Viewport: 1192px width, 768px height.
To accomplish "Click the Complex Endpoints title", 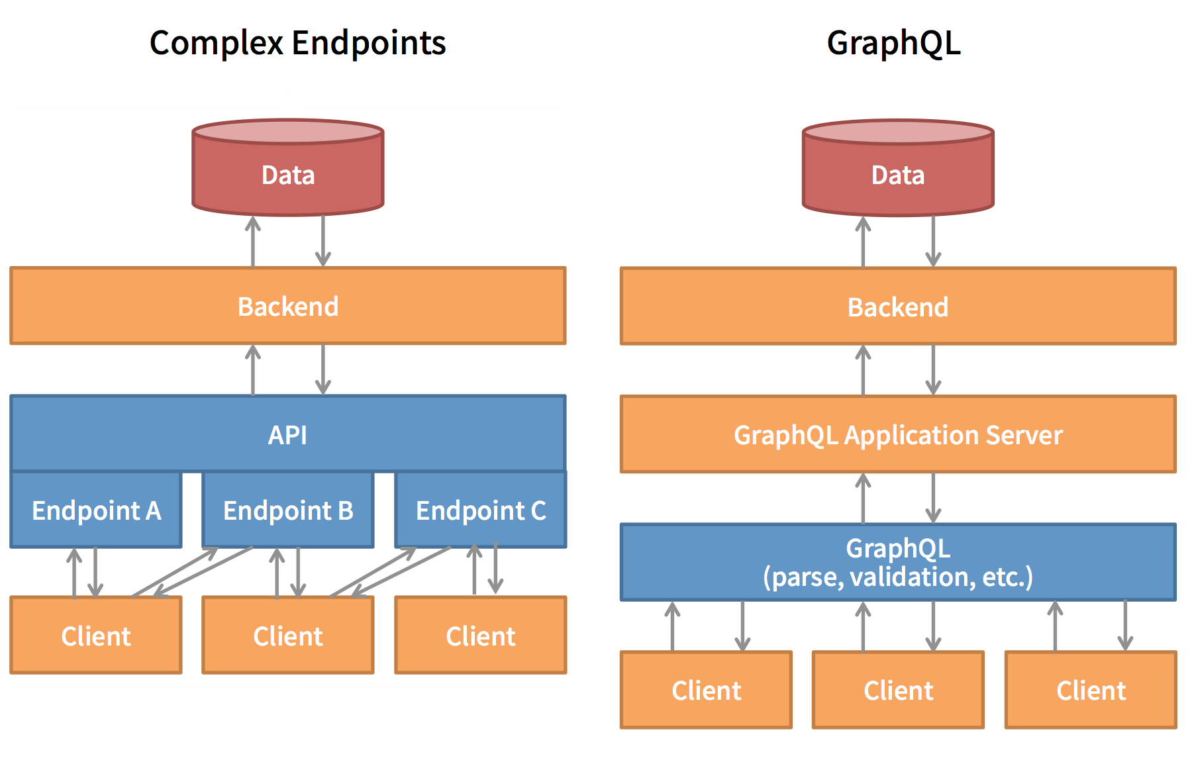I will tap(297, 43).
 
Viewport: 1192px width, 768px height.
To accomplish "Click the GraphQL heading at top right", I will tap(893, 43).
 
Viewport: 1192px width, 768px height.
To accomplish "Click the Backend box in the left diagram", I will tap(288, 307).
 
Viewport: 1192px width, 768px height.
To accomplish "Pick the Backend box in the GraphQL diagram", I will tap(898, 307).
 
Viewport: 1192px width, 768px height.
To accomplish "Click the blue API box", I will tap(288, 434).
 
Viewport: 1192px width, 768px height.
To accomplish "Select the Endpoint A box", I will tap(96, 510).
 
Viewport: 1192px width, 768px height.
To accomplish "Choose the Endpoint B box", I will tap(288, 510).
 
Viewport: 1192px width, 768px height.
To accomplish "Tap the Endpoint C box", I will tap(481, 510).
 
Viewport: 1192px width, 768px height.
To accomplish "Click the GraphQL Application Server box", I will tap(898, 435).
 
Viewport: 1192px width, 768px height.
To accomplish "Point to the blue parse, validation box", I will tap(898, 563).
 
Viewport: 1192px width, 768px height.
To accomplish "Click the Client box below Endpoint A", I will tap(96, 636).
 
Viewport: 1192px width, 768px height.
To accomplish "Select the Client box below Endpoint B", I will tap(288, 636).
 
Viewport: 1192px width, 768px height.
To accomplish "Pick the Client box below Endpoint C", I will tap(481, 636).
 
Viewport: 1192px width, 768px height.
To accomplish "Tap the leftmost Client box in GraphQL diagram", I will tap(707, 691).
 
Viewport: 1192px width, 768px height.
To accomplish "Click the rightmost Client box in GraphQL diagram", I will tap(1091, 691).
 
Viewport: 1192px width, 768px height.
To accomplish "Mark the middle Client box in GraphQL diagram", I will tap(898, 691).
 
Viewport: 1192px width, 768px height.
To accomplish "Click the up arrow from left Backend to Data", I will tap(253, 242).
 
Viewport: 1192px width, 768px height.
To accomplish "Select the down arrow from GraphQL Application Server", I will tap(933, 498).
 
